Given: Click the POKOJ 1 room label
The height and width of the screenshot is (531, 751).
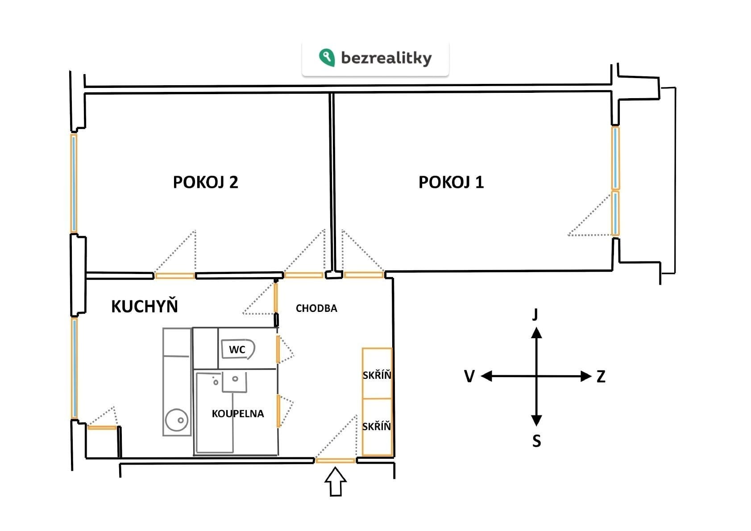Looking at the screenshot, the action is pyautogui.click(x=451, y=182).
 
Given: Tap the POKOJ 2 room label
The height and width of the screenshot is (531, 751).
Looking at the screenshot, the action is pyautogui.click(x=205, y=182).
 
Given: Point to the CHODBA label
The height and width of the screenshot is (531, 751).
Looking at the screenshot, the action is pyautogui.click(x=316, y=308).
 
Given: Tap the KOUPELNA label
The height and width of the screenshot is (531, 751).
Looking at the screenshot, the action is pyautogui.click(x=238, y=413).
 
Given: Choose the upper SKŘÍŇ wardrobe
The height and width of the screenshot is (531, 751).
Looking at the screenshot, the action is pyautogui.click(x=377, y=373).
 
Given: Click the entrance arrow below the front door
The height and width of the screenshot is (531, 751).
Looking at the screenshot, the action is pyautogui.click(x=336, y=482).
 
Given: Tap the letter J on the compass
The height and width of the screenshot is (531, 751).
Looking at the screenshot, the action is pyautogui.click(x=535, y=314).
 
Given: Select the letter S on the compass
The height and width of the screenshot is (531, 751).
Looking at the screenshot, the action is pyautogui.click(x=536, y=441).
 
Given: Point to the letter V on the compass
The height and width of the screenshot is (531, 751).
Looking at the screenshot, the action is pyautogui.click(x=469, y=376).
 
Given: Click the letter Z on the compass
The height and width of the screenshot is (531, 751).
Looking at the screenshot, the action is pyautogui.click(x=601, y=377).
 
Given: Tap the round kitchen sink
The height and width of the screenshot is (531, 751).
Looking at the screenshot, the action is pyautogui.click(x=177, y=420).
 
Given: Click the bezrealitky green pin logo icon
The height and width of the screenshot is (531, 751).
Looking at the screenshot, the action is pyautogui.click(x=327, y=57).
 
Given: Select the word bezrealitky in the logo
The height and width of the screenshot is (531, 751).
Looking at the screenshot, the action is pyautogui.click(x=386, y=58).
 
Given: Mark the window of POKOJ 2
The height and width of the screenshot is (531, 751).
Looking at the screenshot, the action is pyautogui.click(x=74, y=183).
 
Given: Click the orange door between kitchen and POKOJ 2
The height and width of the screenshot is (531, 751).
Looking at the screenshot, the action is pyautogui.click(x=175, y=276).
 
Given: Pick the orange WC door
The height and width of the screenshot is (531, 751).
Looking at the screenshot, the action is pyautogui.click(x=278, y=349).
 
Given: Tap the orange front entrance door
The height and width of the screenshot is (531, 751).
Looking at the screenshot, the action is pyautogui.click(x=335, y=460).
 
